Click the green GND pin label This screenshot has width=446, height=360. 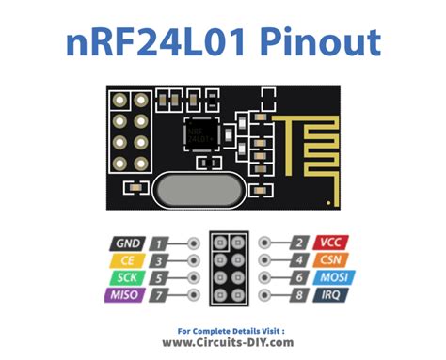(x=128, y=243)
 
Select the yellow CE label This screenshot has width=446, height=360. (x=128, y=259)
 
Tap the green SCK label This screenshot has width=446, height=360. (x=128, y=278)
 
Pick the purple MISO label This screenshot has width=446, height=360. (x=128, y=296)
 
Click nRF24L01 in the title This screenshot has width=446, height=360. (x=162, y=42)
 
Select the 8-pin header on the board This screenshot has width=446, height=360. (x=130, y=132)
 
